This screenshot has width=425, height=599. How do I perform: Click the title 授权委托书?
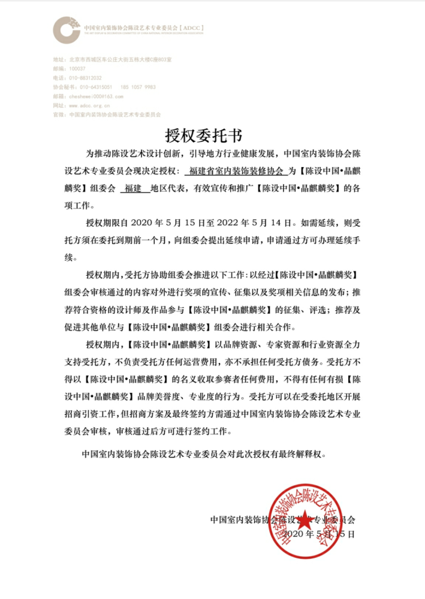click(212, 133)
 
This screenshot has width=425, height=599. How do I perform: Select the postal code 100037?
click(77, 69)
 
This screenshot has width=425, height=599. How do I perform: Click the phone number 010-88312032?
click(86, 78)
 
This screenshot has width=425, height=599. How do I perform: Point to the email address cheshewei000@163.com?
click(96, 96)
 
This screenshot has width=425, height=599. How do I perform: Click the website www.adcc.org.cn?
click(89, 105)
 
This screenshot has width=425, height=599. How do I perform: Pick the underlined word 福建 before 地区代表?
click(131, 188)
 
